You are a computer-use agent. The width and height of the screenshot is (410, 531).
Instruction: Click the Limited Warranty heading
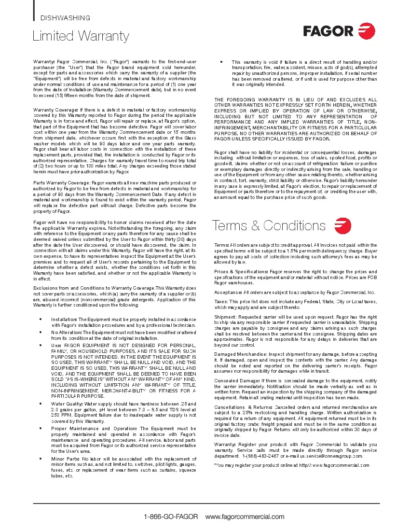(81, 36)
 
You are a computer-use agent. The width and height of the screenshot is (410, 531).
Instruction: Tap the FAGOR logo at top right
(339, 31)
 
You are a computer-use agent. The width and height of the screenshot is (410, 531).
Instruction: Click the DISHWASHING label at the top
(65, 18)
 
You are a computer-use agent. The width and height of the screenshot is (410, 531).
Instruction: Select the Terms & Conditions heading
(269, 225)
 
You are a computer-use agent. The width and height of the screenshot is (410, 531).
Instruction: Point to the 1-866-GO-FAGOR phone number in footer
(171, 517)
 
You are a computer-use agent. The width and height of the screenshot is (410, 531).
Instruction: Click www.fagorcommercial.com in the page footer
(245, 517)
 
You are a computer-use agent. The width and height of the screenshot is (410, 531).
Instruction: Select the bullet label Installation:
(64, 320)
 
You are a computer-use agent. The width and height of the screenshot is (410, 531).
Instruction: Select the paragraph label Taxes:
(221, 301)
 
